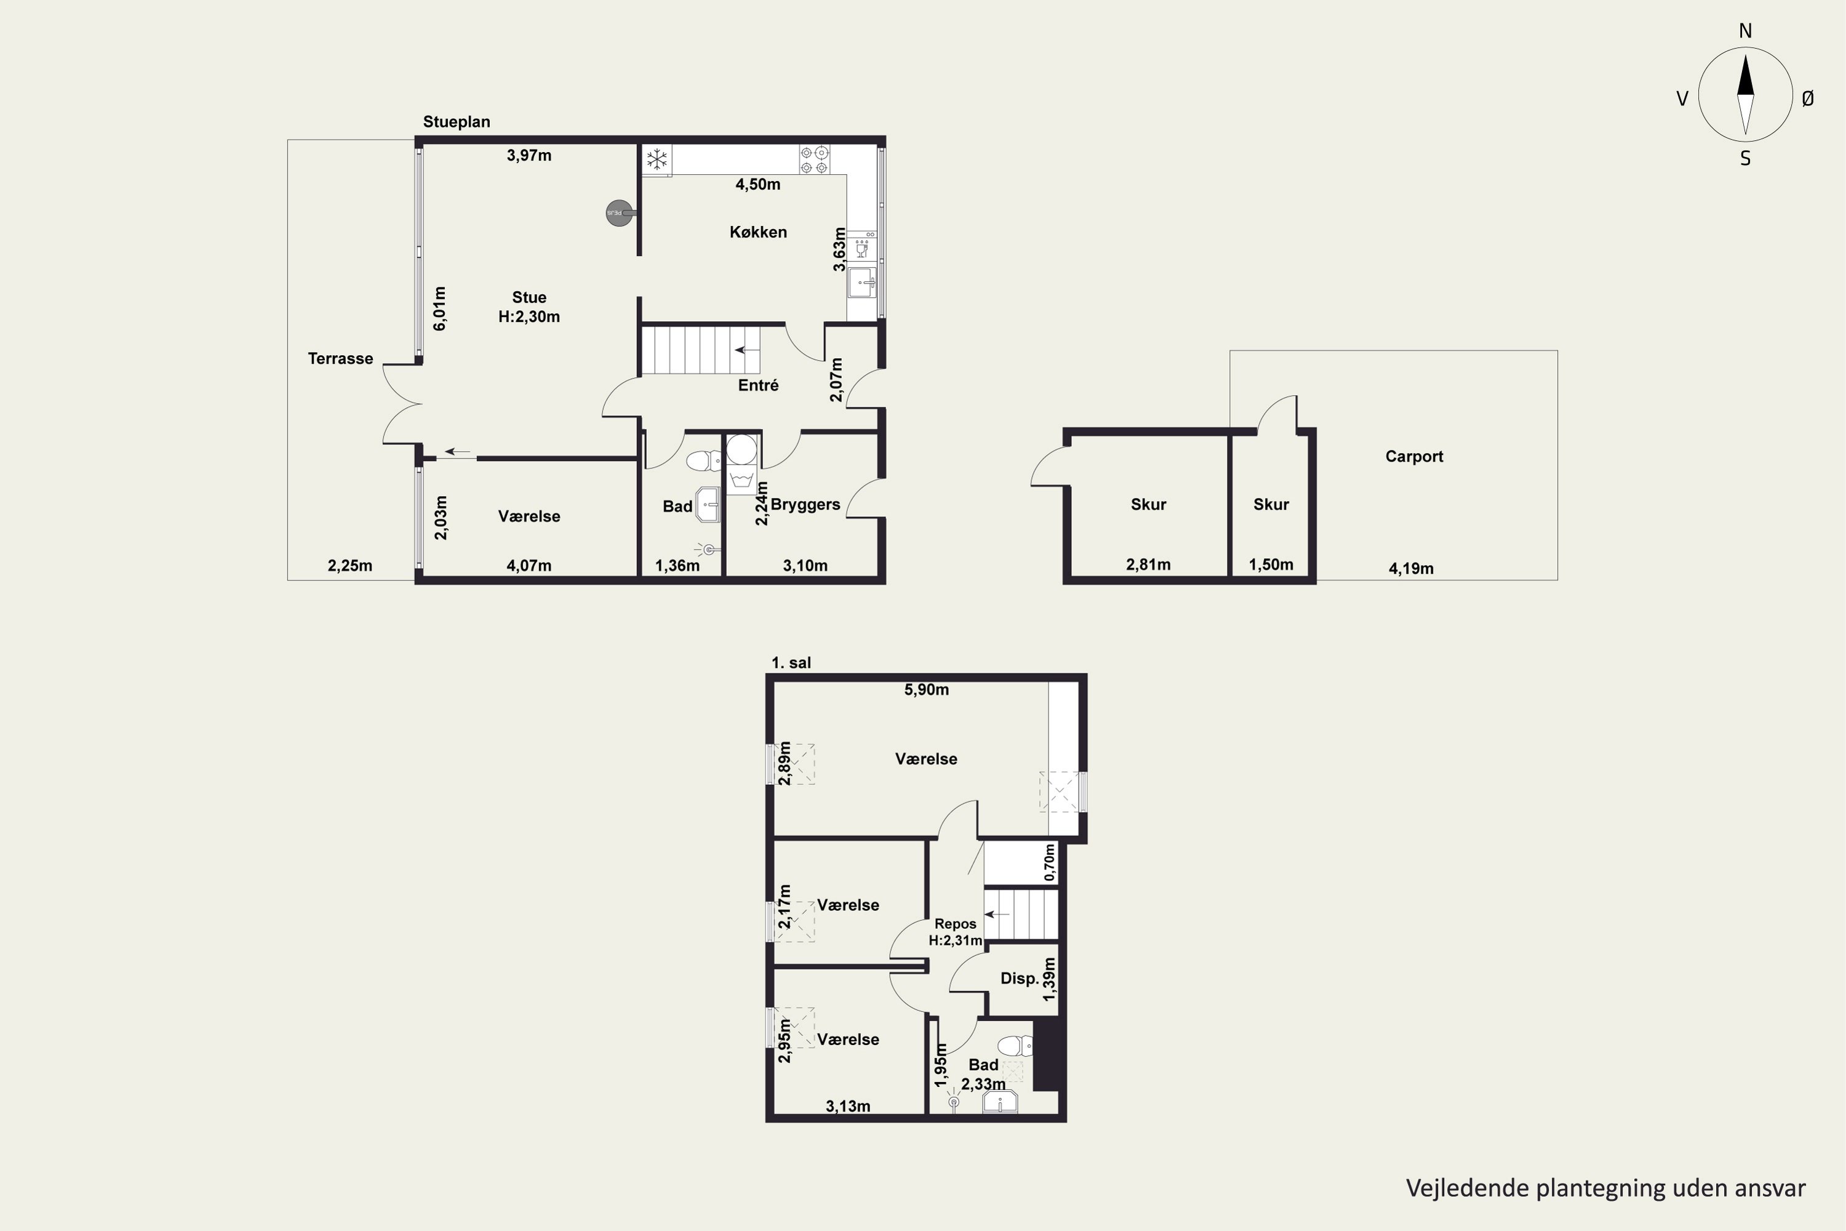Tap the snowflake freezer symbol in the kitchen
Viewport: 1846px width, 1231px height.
pyautogui.click(x=657, y=160)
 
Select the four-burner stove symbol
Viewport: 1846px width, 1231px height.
pyautogui.click(x=815, y=160)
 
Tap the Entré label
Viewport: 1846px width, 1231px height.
pyautogui.click(x=758, y=385)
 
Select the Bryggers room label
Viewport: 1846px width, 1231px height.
pyautogui.click(x=805, y=505)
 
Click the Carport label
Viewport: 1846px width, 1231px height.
pyautogui.click(x=1413, y=457)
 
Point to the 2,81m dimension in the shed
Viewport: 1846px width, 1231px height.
pyautogui.click(x=1148, y=564)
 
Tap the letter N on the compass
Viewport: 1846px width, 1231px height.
pyautogui.click(x=1746, y=31)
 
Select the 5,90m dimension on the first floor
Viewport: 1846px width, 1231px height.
pyautogui.click(x=926, y=690)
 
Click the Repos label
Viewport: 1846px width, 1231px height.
pyautogui.click(x=955, y=924)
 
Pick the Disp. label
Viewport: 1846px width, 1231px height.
pyautogui.click(x=1020, y=979)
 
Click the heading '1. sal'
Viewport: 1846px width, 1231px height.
pyautogui.click(x=791, y=664)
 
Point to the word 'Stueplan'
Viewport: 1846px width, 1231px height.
pyautogui.click(x=457, y=122)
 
